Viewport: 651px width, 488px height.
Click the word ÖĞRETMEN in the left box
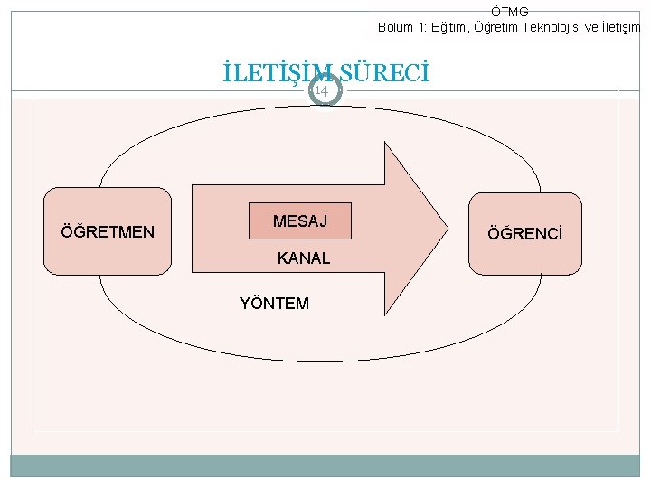[x=108, y=232]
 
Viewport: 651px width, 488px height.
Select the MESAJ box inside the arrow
[x=299, y=221]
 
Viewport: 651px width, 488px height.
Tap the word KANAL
[x=304, y=258]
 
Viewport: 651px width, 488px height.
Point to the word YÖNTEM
[x=274, y=304]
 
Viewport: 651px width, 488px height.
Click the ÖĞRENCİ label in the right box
[x=524, y=234]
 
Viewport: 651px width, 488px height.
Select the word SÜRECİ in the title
[x=384, y=71]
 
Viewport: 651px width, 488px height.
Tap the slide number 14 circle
[x=322, y=90]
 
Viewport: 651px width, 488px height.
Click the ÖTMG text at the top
[x=509, y=11]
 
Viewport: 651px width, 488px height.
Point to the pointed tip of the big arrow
[x=448, y=230]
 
